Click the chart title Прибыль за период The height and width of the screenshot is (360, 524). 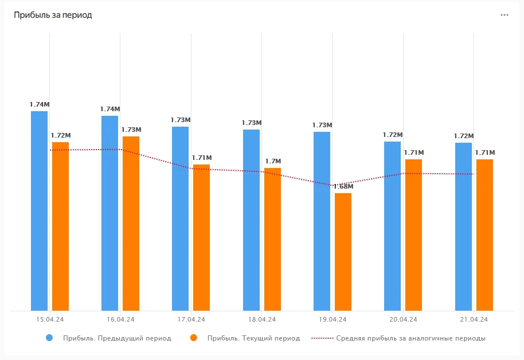coord(53,15)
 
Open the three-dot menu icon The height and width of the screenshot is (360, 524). coord(505,15)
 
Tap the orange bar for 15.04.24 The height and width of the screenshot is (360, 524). coord(60,226)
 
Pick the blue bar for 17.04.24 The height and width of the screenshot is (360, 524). coord(181,218)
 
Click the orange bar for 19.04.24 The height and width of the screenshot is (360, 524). coord(343,252)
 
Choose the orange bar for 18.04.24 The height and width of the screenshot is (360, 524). coord(272,239)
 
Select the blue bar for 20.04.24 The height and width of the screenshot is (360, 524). coord(393,226)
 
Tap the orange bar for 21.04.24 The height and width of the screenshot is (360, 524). coord(484,235)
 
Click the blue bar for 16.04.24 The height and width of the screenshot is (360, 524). coord(110,213)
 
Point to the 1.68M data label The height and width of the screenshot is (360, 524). coord(343,187)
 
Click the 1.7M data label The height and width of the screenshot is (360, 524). coord(273,162)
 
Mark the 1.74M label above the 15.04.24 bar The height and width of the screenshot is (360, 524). coord(40,104)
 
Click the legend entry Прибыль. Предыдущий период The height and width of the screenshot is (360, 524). coord(117,338)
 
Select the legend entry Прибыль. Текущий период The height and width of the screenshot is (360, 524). coord(253,338)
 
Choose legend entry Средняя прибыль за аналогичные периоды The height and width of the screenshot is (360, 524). coord(410,338)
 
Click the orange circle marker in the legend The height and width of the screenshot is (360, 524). coord(194,338)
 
